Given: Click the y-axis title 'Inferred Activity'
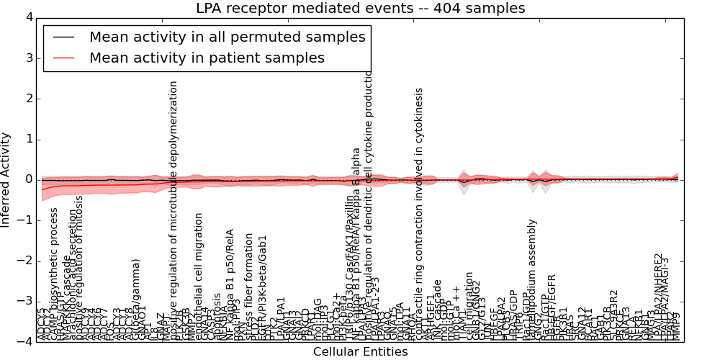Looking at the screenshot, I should [6, 179].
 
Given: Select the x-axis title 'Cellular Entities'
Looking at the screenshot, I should [360, 352].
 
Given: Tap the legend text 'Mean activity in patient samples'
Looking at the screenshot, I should [207, 58].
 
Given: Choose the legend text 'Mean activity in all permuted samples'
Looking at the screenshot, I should [228, 37].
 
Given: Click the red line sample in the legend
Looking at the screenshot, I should [63, 58].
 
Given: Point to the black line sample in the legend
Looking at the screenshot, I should [63, 37].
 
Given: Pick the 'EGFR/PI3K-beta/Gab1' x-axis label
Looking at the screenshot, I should [263, 288].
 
